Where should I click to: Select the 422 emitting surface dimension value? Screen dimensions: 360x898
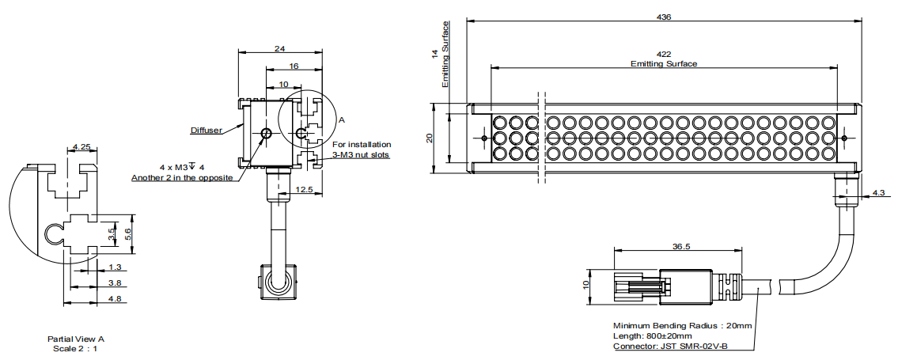[664, 55]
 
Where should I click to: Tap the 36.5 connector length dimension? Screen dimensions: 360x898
[680, 246]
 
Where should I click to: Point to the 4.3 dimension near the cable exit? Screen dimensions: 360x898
[879, 193]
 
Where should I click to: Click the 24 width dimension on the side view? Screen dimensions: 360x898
[279, 48]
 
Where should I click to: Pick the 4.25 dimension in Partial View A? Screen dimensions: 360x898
[80, 146]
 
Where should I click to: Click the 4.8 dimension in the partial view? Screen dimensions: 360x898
[114, 298]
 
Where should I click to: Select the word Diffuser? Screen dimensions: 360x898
[206, 130]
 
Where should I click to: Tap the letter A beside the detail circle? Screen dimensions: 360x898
[342, 119]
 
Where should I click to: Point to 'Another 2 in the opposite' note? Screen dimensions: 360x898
[182, 178]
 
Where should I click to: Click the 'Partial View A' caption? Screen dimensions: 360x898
[75, 339]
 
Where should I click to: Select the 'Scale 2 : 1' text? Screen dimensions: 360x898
[75, 348]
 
